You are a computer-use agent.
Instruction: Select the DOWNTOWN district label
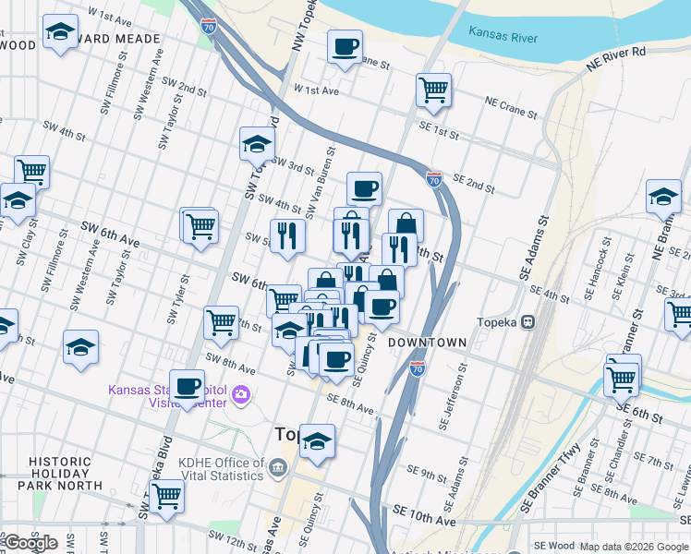426,343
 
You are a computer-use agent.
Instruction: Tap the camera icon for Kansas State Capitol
242,395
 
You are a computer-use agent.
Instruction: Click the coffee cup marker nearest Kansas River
345,46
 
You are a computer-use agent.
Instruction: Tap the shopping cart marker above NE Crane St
433,90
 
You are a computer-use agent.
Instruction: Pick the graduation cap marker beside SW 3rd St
257,143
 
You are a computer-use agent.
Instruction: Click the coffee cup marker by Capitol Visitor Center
188,386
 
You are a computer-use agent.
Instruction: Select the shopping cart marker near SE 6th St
622,378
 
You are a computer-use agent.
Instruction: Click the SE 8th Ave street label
350,403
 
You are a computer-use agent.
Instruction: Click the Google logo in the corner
30,543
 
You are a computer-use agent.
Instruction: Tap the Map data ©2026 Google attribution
633,547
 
